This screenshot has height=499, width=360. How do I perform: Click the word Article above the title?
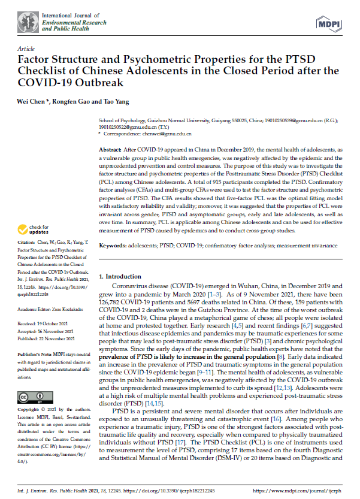(x=26, y=48)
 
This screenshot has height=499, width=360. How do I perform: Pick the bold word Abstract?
(x=110, y=149)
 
